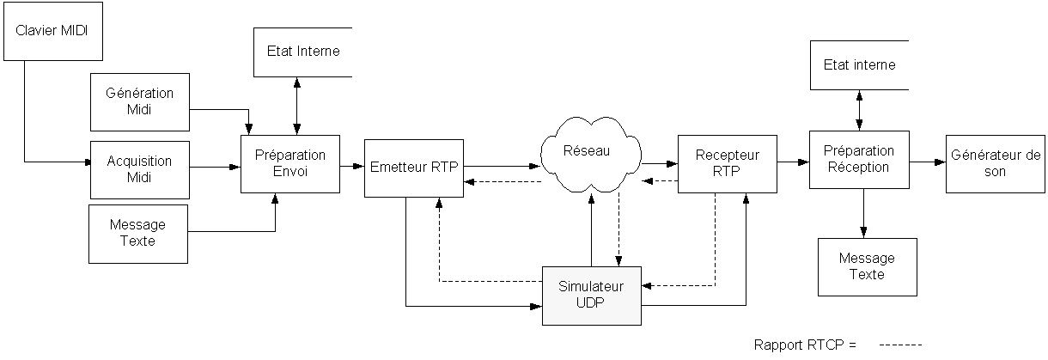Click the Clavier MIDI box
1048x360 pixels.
pyautogui.click(x=52, y=31)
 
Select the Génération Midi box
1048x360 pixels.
pyautogui.click(x=139, y=101)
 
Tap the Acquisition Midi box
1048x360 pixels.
pyautogui.click(x=139, y=169)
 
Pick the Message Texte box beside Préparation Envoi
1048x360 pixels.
pyautogui.click(x=138, y=233)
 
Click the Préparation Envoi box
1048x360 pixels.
pyautogui.click(x=290, y=163)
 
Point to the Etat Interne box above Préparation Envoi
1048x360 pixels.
pyautogui.click(x=303, y=52)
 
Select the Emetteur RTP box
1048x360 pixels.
pyautogui.click(x=413, y=167)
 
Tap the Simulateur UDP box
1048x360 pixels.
pyautogui.click(x=592, y=295)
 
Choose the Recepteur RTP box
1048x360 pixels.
pyautogui.click(x=727, y=163)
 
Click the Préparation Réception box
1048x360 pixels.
pyautogui.click(x=859, y=159)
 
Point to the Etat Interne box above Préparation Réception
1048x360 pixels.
pyautogui.click(x=859, y=65)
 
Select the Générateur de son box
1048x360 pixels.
pyautogui.click(x=996, y=163)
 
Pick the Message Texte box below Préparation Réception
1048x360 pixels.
pyautogui.click(x=867, y=266)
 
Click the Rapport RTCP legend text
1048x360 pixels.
pyautogui.click(x=806, y=345)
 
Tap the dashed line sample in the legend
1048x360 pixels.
pyautogui.click(x=900, y=345)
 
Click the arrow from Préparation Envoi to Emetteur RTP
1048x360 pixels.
pyautogui.click(x=351, y=166)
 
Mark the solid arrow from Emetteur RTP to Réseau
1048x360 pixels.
pyautogui.click(x=503, y=165)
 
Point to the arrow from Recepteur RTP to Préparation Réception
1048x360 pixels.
pyautogui.click(x=793, y=162)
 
